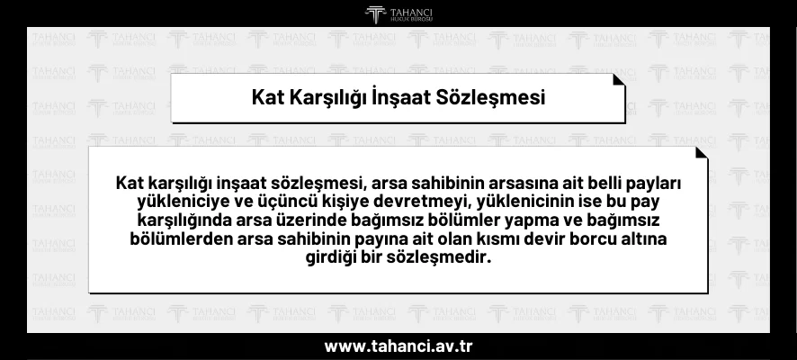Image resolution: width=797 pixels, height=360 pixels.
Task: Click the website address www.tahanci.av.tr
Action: point(398,346)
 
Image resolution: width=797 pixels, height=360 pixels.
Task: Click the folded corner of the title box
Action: point(618,79)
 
